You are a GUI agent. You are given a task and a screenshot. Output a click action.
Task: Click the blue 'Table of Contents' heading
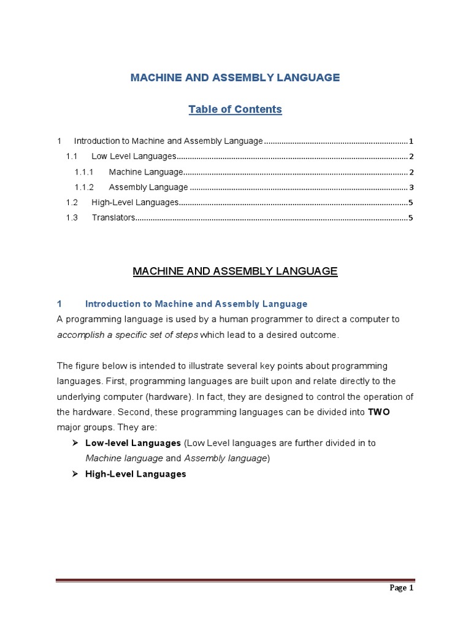coord(235,109)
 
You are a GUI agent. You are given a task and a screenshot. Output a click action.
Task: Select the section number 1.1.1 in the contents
coord(83,172)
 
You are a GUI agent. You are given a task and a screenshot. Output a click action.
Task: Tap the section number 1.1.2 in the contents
coord(84,187)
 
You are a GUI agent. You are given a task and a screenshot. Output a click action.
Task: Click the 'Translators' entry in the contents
coord(113,217)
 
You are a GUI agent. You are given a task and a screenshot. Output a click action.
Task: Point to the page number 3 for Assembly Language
coord(412,187)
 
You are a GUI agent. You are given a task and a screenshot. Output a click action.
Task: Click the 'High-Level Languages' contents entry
coord(134,202)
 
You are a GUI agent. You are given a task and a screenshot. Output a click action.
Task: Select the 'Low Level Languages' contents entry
coord(134,157)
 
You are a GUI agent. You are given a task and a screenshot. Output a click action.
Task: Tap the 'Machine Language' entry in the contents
coord(146,172)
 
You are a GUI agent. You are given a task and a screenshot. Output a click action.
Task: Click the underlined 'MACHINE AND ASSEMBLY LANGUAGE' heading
coord(235,271)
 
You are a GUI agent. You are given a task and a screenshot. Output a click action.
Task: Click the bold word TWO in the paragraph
coord(378,412)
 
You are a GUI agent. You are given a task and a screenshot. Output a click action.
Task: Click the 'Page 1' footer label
coord(402,588)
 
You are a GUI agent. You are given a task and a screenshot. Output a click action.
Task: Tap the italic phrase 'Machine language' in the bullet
coord(124,458)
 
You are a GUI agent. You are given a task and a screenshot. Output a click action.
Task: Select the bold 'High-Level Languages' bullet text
coord(136,474)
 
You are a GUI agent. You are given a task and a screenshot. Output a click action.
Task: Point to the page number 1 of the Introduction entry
coord(412,141)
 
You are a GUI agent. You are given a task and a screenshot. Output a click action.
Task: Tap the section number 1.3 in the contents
coord(72,217)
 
